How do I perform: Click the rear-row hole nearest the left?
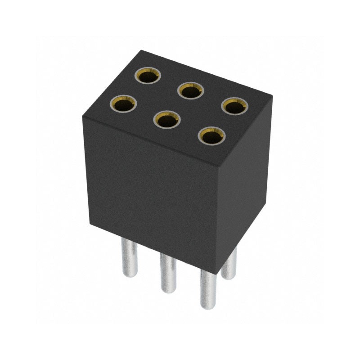(x=148, y=76)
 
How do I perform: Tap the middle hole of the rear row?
(x=191, y=91)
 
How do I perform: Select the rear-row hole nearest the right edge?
(x=234, y=106)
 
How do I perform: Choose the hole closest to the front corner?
(x=211, y=135)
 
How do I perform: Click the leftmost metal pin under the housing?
(x=129, y=259)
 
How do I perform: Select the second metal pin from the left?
(x=168, y=272)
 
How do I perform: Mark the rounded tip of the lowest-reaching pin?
(x=208, y=307)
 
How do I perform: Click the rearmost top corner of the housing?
(x=141, y=50)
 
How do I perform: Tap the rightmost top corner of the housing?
(x=271, y=96)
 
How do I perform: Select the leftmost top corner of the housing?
(x=82, y=116)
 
